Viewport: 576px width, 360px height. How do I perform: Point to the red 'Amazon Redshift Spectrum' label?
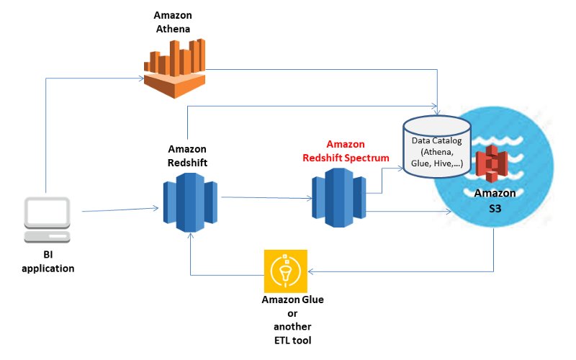346,150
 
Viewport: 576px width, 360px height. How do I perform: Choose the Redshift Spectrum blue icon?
338,197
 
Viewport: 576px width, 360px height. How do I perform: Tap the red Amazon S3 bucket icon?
492,165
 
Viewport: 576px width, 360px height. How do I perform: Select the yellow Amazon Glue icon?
286,271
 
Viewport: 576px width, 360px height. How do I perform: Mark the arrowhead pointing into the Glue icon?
310,271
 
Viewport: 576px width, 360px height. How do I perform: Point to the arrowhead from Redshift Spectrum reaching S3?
448,211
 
